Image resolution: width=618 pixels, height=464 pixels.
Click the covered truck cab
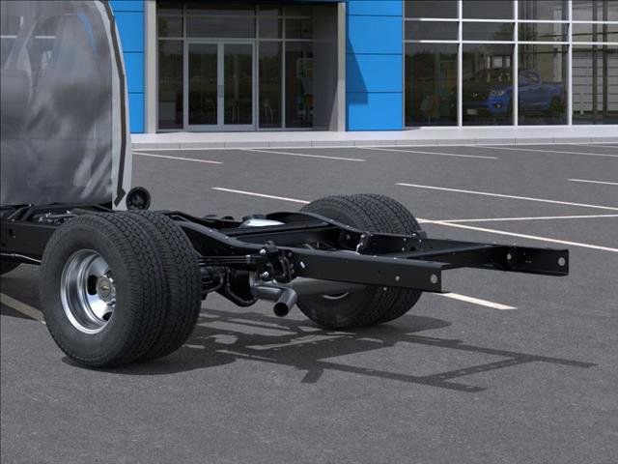coord(58,106)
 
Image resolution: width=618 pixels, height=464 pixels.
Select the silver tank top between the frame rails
coord(262,222)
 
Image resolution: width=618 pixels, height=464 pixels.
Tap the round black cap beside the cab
coord(138,198)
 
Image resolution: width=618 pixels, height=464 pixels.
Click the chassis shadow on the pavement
coord(406,358)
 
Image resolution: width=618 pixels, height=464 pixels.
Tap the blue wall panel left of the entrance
coord(129,58)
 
